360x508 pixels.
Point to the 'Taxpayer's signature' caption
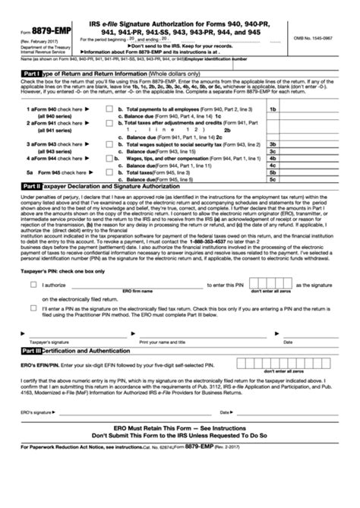pos(44,342)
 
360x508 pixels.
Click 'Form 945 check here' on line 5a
pos(61,172)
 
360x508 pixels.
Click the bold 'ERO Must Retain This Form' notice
pos(180,440)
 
